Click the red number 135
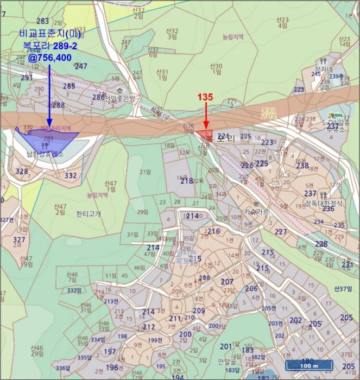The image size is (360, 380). pos(205,97)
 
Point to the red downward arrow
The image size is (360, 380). pos(206,116)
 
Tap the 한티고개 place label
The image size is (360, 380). pos(89,213)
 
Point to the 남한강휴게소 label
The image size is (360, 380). pos(46,154)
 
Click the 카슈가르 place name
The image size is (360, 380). pos(256,211)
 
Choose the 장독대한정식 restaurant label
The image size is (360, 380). pos(324,203)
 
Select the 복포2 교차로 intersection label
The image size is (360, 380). pos(268,112)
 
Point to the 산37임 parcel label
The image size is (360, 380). pos(344,288)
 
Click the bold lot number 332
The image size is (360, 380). pos(71,175)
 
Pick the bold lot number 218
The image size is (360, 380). pos(186,181)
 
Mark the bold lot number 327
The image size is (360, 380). pos(19,239)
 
